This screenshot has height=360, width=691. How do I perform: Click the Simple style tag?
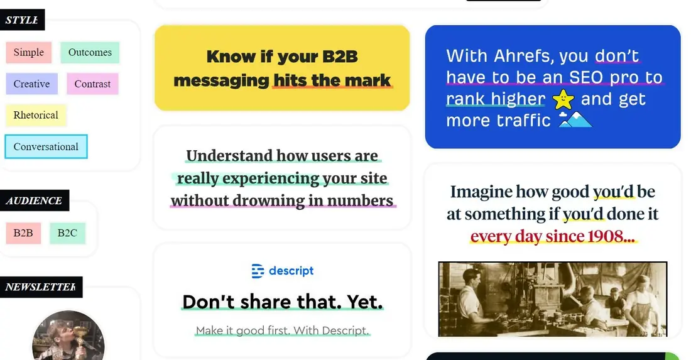pyautogui.click(x=29, y=52)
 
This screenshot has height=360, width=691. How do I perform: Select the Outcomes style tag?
pyautogui.click(x=90, y=52)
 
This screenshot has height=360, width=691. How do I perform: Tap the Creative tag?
pyautogui.click(x=32, y=84)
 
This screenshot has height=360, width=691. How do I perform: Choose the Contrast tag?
pyautogui.click(x=92, y=84)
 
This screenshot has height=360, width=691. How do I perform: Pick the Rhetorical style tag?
pyautogui.click(x=36, y=115)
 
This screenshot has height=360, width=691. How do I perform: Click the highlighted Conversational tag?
pyautogui.click(x=46, y=147)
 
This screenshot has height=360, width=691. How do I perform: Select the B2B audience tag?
pyautogui.click(x=23, y=233)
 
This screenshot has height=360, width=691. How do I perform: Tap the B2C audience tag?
pyautogui.click(x=67, y=233)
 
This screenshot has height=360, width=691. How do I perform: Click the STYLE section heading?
pyautogui.click(x=22, y=20)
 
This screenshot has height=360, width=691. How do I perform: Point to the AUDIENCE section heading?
pyautogui.click(x=35, y=200)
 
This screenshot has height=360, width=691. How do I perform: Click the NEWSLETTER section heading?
pyautogui.click(x=41, y=287)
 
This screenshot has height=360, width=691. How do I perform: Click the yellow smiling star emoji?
pyautogui.click(x=563, y=99)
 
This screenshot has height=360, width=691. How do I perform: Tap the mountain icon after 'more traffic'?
pyautogui.click(x=575, y=119)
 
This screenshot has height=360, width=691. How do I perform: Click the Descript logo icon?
pyautogui.click(x=258, y=271)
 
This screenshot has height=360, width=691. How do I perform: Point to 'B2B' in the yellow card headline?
pyautogui.click(x=340, y=57)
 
